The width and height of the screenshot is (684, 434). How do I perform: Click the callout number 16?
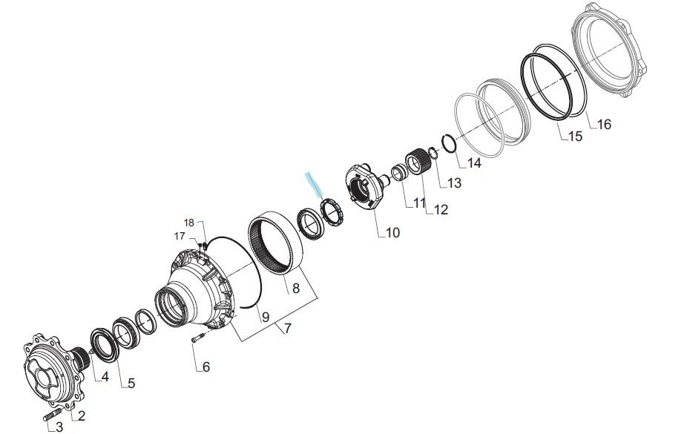click(x=604, y=125)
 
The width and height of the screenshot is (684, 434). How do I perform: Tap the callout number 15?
click(x=576, y=137)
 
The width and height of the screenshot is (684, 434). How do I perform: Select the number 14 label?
click(x=474, y=163)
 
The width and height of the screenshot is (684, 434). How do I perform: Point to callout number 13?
click(x=454, y=183)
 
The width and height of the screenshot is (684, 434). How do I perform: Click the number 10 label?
click(x=392, y=233)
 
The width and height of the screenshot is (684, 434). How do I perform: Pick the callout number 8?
click(x=296, y=289)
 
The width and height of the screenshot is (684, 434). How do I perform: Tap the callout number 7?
click(x=287, y=328)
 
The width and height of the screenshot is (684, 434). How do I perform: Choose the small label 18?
click(x=189, y=223)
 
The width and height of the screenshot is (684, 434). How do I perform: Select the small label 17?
click(x=180, y=237)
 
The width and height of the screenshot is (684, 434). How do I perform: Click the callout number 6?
click(x=206, y=367)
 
